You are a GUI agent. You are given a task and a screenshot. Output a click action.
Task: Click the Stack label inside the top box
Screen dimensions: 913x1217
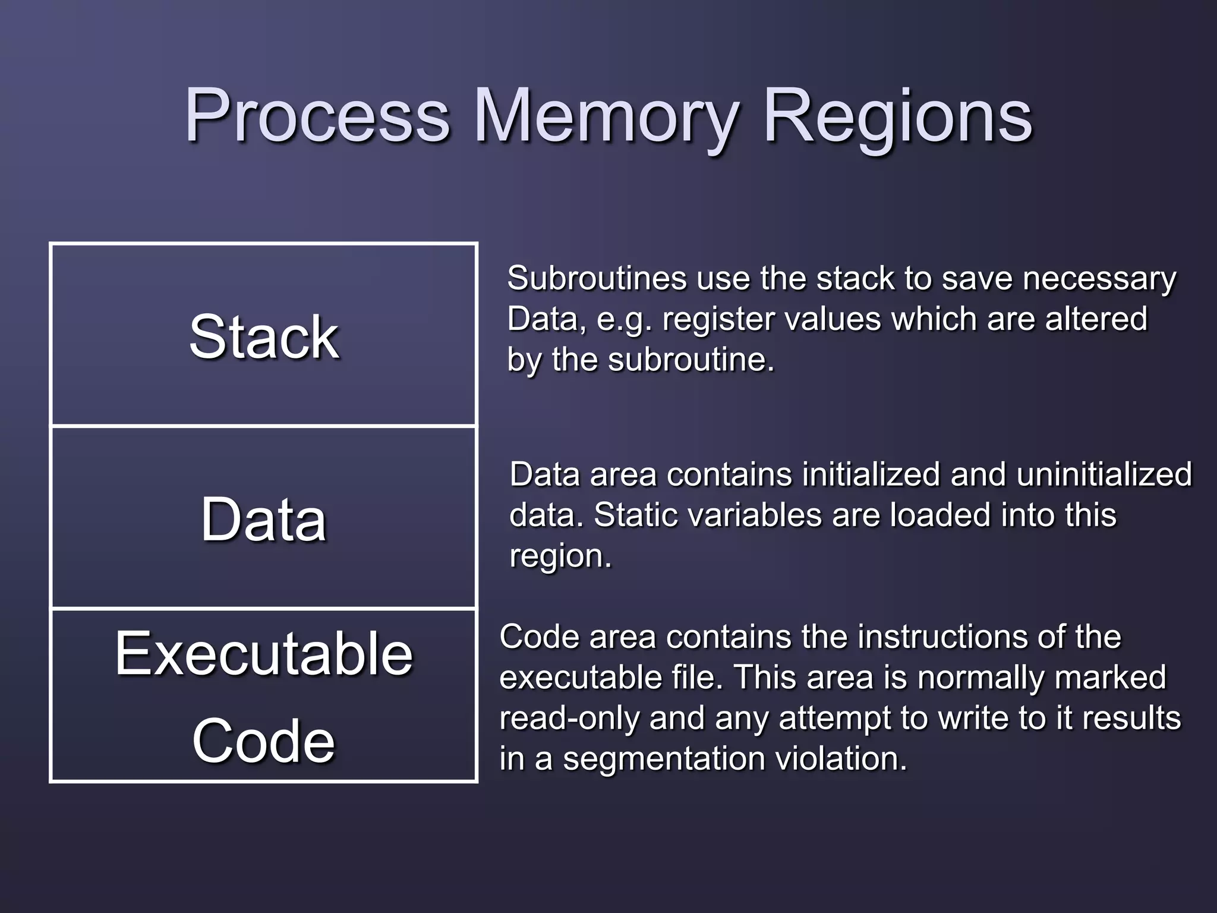[x=264, y=337]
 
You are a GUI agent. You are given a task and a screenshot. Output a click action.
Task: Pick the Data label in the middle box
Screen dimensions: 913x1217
[x=264, y=520]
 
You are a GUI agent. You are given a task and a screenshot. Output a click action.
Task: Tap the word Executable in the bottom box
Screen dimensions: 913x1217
[x=264, y=654]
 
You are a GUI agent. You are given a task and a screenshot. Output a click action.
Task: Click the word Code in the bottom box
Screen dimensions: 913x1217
[x=264, y=741]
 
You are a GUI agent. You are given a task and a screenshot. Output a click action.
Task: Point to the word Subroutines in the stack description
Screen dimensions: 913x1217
[x=597, y=278]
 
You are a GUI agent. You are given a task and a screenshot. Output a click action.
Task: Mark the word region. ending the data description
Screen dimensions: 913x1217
[x=560, y=556]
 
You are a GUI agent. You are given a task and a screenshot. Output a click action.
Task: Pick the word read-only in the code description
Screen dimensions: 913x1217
[x=569, y=718]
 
